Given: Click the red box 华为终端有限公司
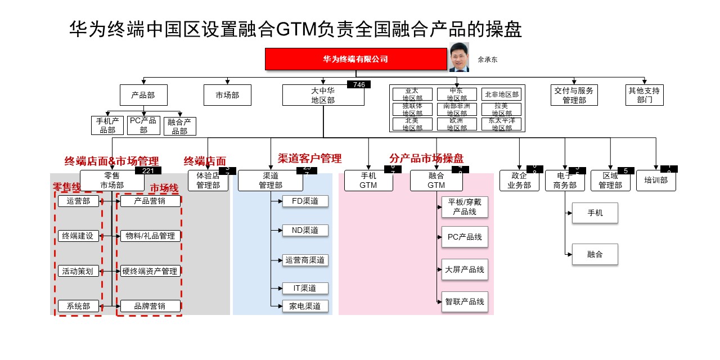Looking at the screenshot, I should pyautogui.click(x=355, y=59).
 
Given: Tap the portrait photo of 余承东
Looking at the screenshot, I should pyautogui.click(x=459, y=57).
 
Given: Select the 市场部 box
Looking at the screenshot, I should pyautogui.click(x=227, y=95).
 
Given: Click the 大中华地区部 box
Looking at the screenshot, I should pyautogui.click(x=323, y=95).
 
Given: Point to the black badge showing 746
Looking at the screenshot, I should pyautogui.click(x=359, y=84).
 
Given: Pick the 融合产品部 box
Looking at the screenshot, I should pyautogui.click(x=179, y=126).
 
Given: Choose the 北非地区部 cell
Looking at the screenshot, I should pyautogui.click(x=501, y=94).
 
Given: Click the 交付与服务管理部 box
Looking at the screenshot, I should pyautogui.click(x=574, y=95).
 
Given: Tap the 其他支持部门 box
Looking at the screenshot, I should pyautogui.click(x=645, y=95).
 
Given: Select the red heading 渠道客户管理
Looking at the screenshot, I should pyautogui.click(x=309, y=158).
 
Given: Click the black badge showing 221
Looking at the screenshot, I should pyautogui.click(x=148, y=170).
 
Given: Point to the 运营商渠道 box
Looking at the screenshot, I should pyautogui.click(x=305, y=260).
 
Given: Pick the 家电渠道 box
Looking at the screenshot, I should pyautogui.click(x=305, y=306).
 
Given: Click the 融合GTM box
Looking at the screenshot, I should pyautogui.click(x=436, y=181).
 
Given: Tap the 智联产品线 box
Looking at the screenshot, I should pyautogui.click(x=465, y=301).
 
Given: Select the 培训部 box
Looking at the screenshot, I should pyautogui.click(x=656, y=181).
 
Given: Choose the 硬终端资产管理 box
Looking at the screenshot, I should pyautogui.click(x=150, y=271).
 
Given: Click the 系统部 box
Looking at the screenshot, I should pyautogui.click(x=78, y=306).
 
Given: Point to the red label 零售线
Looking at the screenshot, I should pyautogui.click(x=66, y=186).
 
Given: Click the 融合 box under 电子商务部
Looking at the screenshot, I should pyautogui.click(x=595, y=254).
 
